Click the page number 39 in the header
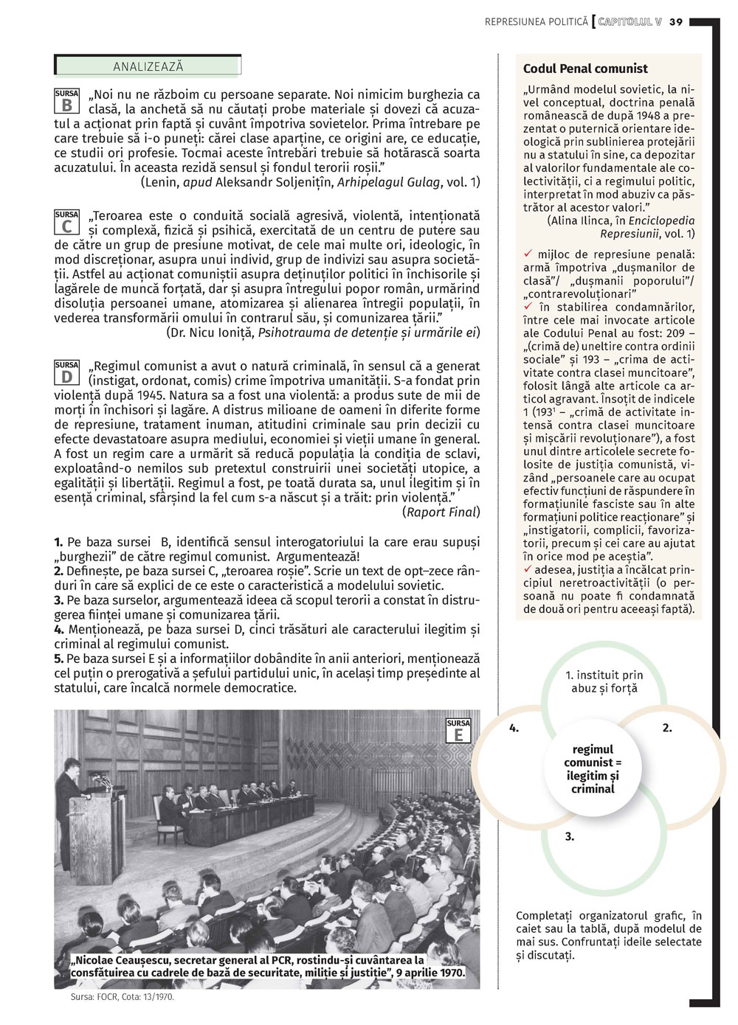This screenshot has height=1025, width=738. pyautogui.click(x=676, y=22)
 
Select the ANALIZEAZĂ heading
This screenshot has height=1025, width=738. pyautogui.click(x=148, y=66)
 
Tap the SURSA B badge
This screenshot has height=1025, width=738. pyautogui.click(x=66, y=101)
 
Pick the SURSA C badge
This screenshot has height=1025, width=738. pyautogui.click(x=66, y=222)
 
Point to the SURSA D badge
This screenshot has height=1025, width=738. pyautogui.click(x=66, y=372)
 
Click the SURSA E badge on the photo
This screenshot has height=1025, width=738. pyautogui.click(x=458, y=731)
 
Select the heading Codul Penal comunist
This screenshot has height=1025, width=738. pyautogui.click(x=585, y=69)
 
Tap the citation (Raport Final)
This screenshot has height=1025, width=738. pyautogui.click(x=441, y=512)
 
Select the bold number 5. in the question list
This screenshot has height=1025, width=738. pyautogui.click(x=58, y=659)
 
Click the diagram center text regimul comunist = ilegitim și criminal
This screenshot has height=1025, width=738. pyautogui.click(x=593, y=769)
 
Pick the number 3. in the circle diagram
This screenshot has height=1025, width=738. pyautogui.click(x=570, y=836)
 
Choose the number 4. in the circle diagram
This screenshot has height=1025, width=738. pyautogui.click(x=514, y=728)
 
